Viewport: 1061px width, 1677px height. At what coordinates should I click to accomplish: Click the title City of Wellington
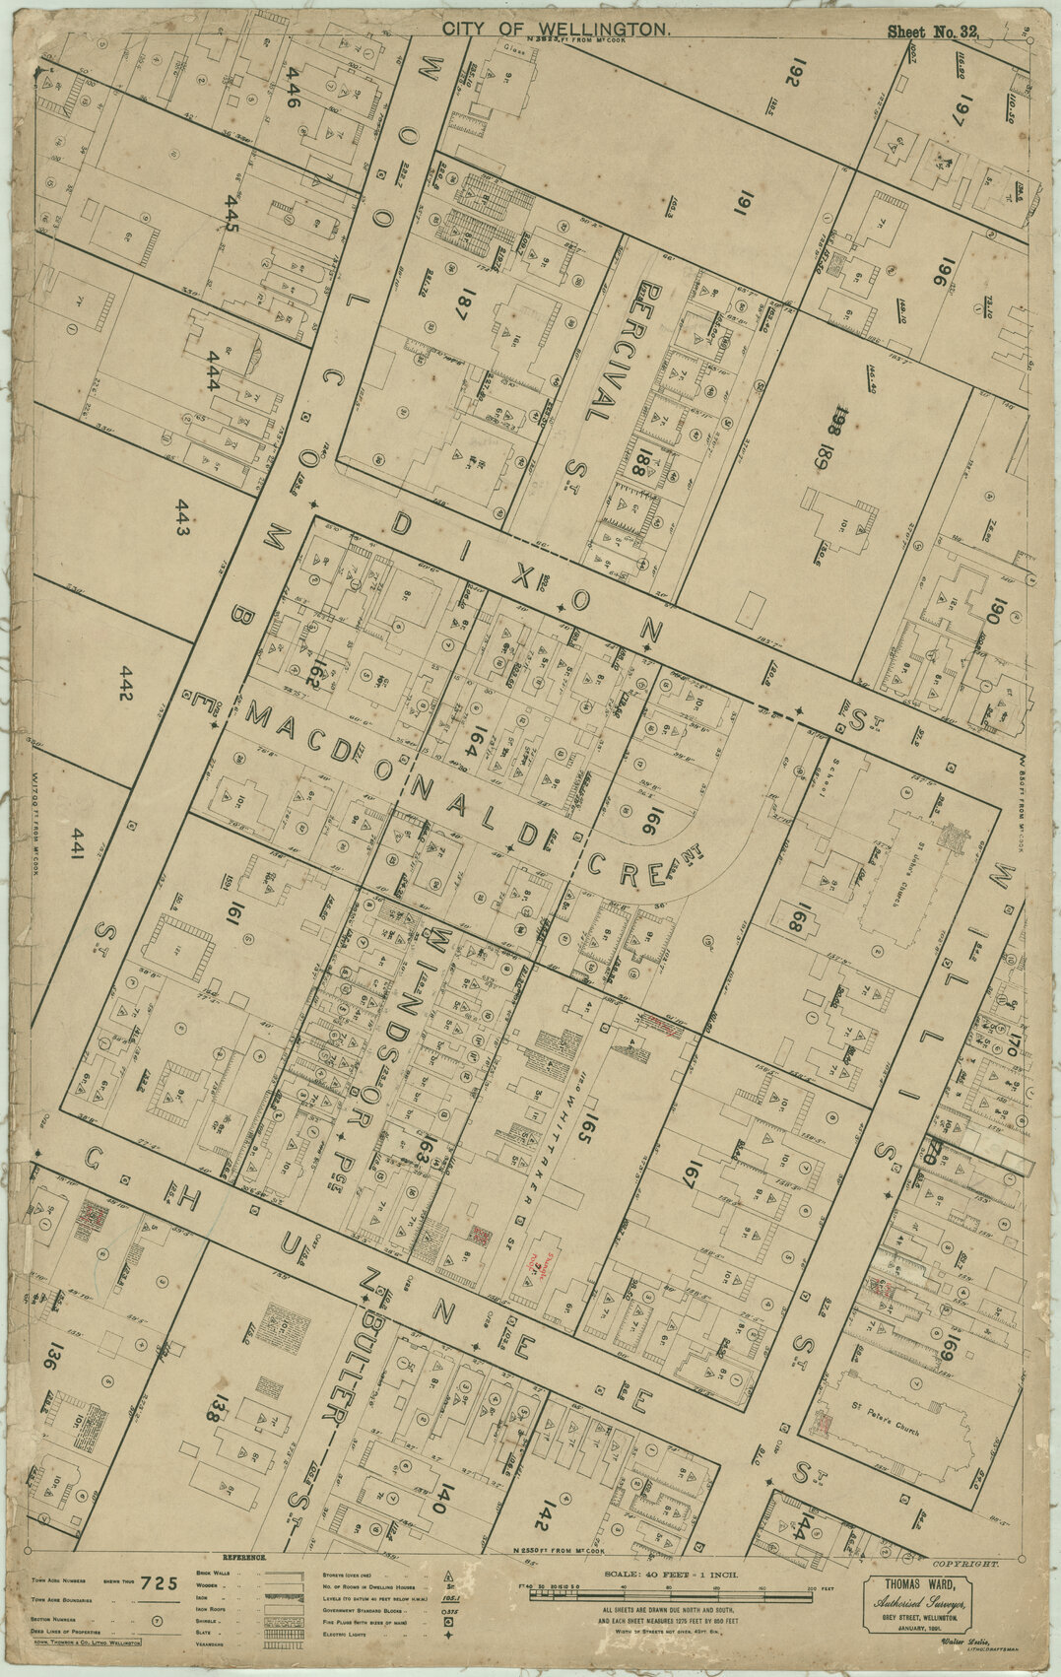(x=557, y=31)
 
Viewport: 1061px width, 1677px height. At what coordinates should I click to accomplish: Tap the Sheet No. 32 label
(x=932, y=32)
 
